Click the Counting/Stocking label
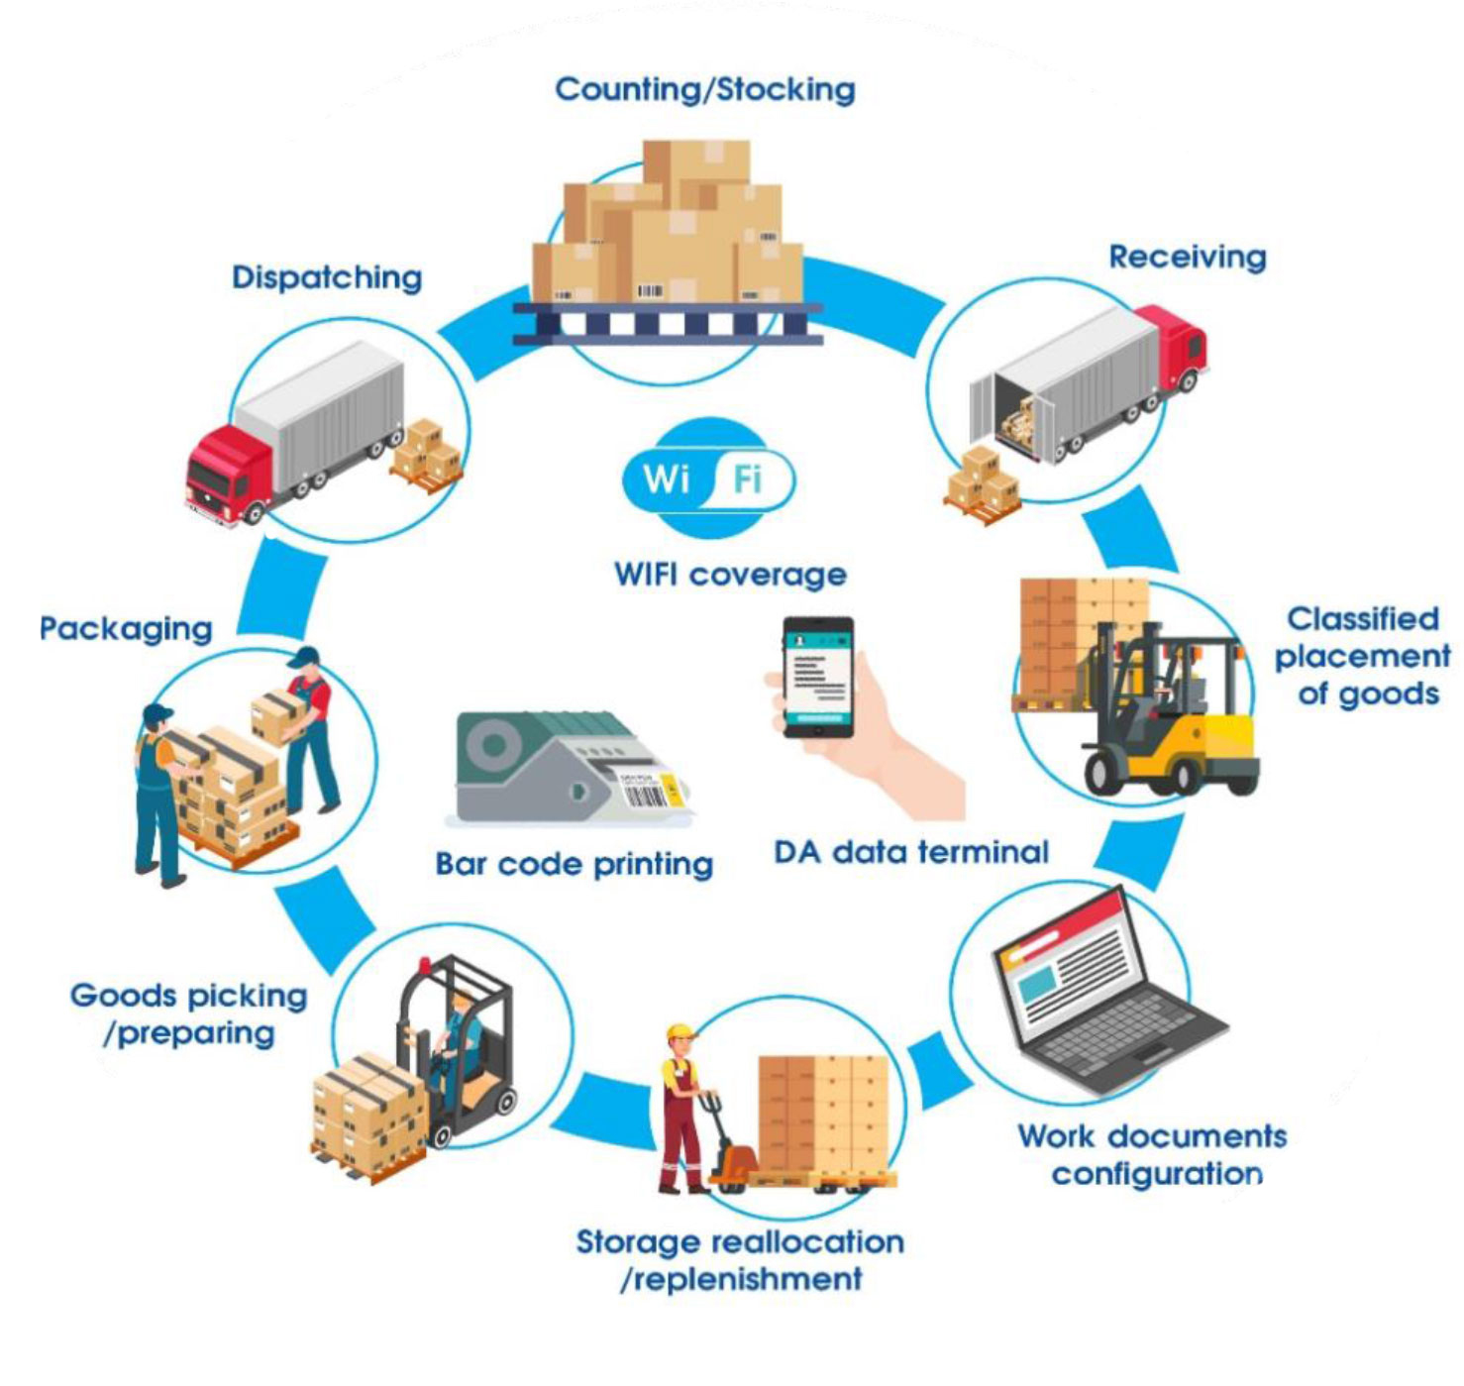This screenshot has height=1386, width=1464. [x=704, y=89]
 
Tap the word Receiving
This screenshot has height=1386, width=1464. [x=1187, y=257]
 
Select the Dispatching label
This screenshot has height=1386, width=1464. [x=327, y=277]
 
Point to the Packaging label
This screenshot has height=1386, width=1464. [x=126, y=629]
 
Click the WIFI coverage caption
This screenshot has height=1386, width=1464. [x=730, y=575]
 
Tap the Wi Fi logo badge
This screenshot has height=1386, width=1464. [x=707, y=479]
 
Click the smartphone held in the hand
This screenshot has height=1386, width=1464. [x=818, y=678]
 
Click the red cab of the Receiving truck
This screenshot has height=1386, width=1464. [x=1175, y=342]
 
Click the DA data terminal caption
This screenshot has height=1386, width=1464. [x=910, y=852]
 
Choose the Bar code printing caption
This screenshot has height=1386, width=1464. [x=574, y=864]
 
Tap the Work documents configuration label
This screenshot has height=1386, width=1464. [x=1153, y=1154]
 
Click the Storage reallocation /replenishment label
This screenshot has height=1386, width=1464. [x=740, y=1259]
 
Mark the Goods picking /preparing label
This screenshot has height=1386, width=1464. [x=188, y=1013]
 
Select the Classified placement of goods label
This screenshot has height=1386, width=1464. [x=1363, y=656]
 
